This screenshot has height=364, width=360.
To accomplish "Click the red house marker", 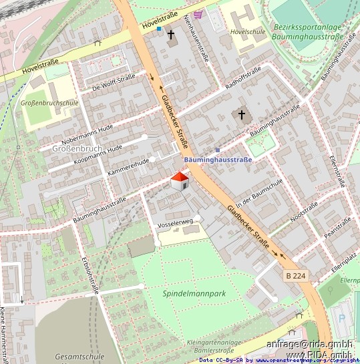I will click(x=179, y=180).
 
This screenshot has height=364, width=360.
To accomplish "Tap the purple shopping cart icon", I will click(x=198, y=13).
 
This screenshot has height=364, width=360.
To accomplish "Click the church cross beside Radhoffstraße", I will click(x=242, y=115).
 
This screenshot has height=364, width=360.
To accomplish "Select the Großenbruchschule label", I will click(x=50, y=103).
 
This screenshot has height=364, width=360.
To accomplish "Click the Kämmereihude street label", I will click(x=129, y=168).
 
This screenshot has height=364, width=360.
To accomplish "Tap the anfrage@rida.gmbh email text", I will click(x=309, y=344).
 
